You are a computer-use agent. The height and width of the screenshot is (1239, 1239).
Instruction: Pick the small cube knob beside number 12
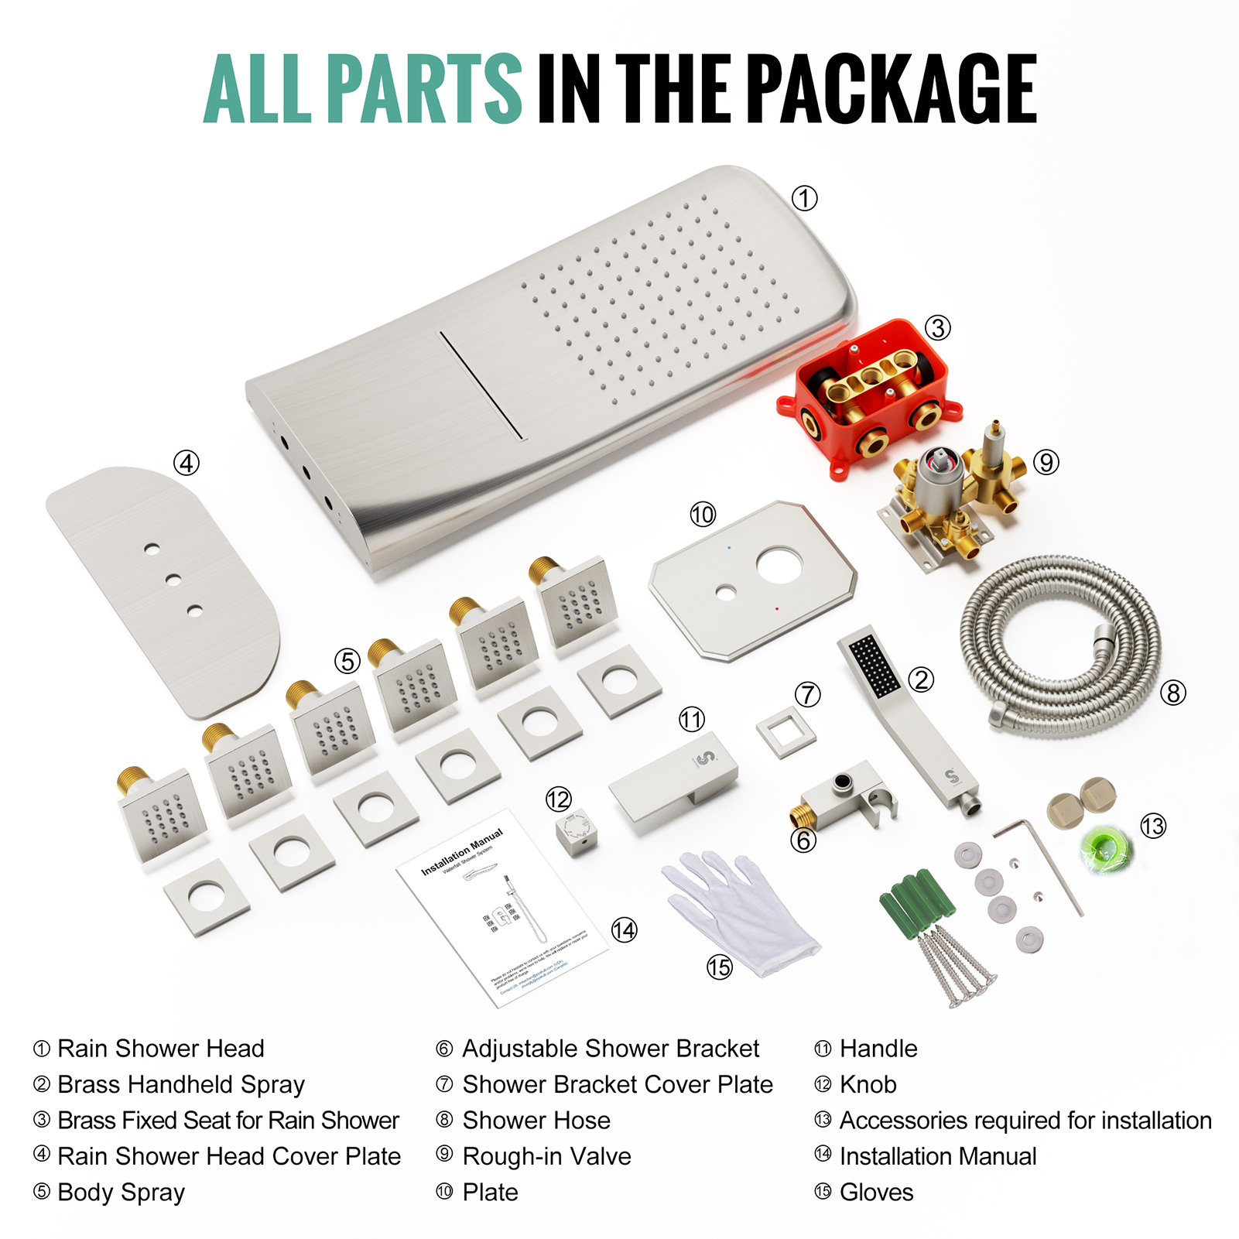pyautogui.click(x=577, y=833)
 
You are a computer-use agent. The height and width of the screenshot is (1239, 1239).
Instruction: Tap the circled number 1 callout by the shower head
pyautogui.click(x=804, y=199)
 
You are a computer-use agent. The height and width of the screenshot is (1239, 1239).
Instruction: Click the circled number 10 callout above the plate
pyautogui.click(x=703, y=515)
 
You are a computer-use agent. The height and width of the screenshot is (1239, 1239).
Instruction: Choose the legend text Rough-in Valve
pyautogui.click(x=546, y=1156)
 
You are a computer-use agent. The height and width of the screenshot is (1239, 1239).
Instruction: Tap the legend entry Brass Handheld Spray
pyautogui.click(x=181, y=1084)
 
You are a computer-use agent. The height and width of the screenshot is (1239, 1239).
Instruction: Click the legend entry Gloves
pyautogui.click(x=876, y=1193)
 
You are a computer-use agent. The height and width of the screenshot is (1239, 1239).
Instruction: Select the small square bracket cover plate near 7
pyautogui.click(x=785, y=732)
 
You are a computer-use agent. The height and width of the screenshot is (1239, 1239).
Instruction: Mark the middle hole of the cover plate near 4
pyautogui.click(x=173, y=579)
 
